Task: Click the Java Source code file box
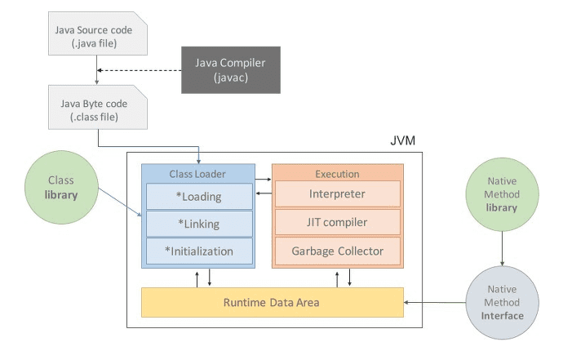coord(98,33)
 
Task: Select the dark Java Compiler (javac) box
coord(231,70)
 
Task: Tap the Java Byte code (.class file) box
coord(98,107)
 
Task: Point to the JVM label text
coord(402,140)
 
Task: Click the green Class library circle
coord(61,187)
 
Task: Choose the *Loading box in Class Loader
coord(199,197)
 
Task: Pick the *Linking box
coord(199,224)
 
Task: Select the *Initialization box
coord(199,251)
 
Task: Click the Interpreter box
coord(338,194)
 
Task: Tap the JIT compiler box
coord(338,222)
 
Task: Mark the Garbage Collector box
coord(338,251)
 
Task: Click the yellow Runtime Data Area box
coord(273,303)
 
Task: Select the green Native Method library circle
coord(502,194)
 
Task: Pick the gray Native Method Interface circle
coord(502,303)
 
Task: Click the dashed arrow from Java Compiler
coord(140,70)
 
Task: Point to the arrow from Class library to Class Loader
coord(120,202)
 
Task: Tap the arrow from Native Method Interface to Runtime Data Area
coord(435,303)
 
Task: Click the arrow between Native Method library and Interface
coord(502,249)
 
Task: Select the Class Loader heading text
coord(197,174)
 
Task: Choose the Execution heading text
coord(337,174)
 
